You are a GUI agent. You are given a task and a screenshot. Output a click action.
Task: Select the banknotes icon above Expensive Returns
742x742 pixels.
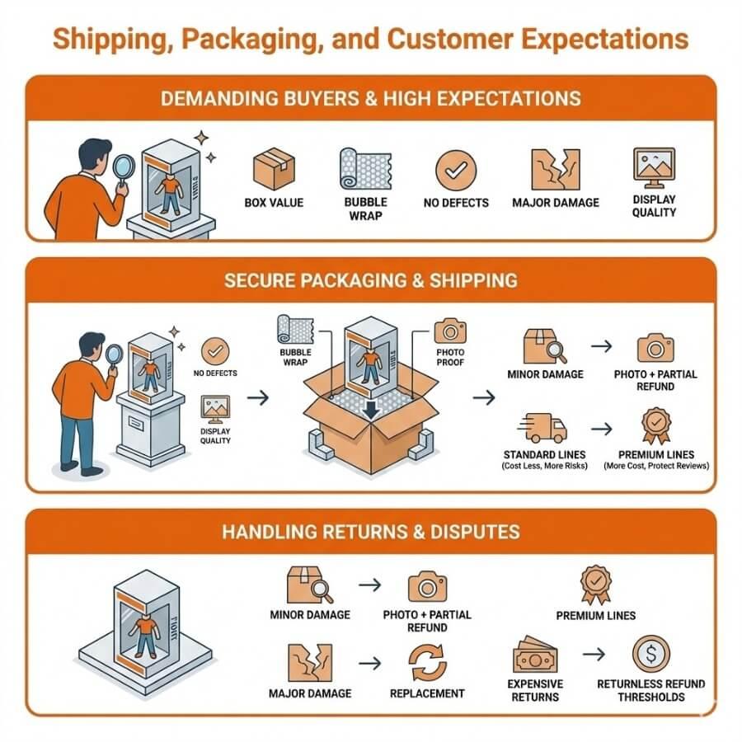pos(535,656)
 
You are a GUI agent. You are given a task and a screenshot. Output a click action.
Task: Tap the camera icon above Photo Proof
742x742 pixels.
pos(450,331)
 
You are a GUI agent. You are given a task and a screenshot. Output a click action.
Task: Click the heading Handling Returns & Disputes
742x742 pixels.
pos(371,531)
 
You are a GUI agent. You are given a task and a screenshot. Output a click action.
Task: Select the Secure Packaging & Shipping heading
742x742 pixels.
pos(371,280)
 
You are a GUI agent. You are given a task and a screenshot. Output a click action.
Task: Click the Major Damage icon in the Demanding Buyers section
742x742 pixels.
pos(555,169)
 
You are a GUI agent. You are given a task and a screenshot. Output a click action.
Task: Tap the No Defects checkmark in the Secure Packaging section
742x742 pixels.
pos(215,351)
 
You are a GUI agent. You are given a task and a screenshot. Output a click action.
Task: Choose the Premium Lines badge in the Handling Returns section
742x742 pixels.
pos(595,585)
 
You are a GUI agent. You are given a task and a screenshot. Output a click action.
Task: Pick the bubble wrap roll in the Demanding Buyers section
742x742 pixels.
pos(365,168)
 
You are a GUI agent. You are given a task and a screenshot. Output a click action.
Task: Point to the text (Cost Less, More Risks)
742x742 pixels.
pos(544,467)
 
